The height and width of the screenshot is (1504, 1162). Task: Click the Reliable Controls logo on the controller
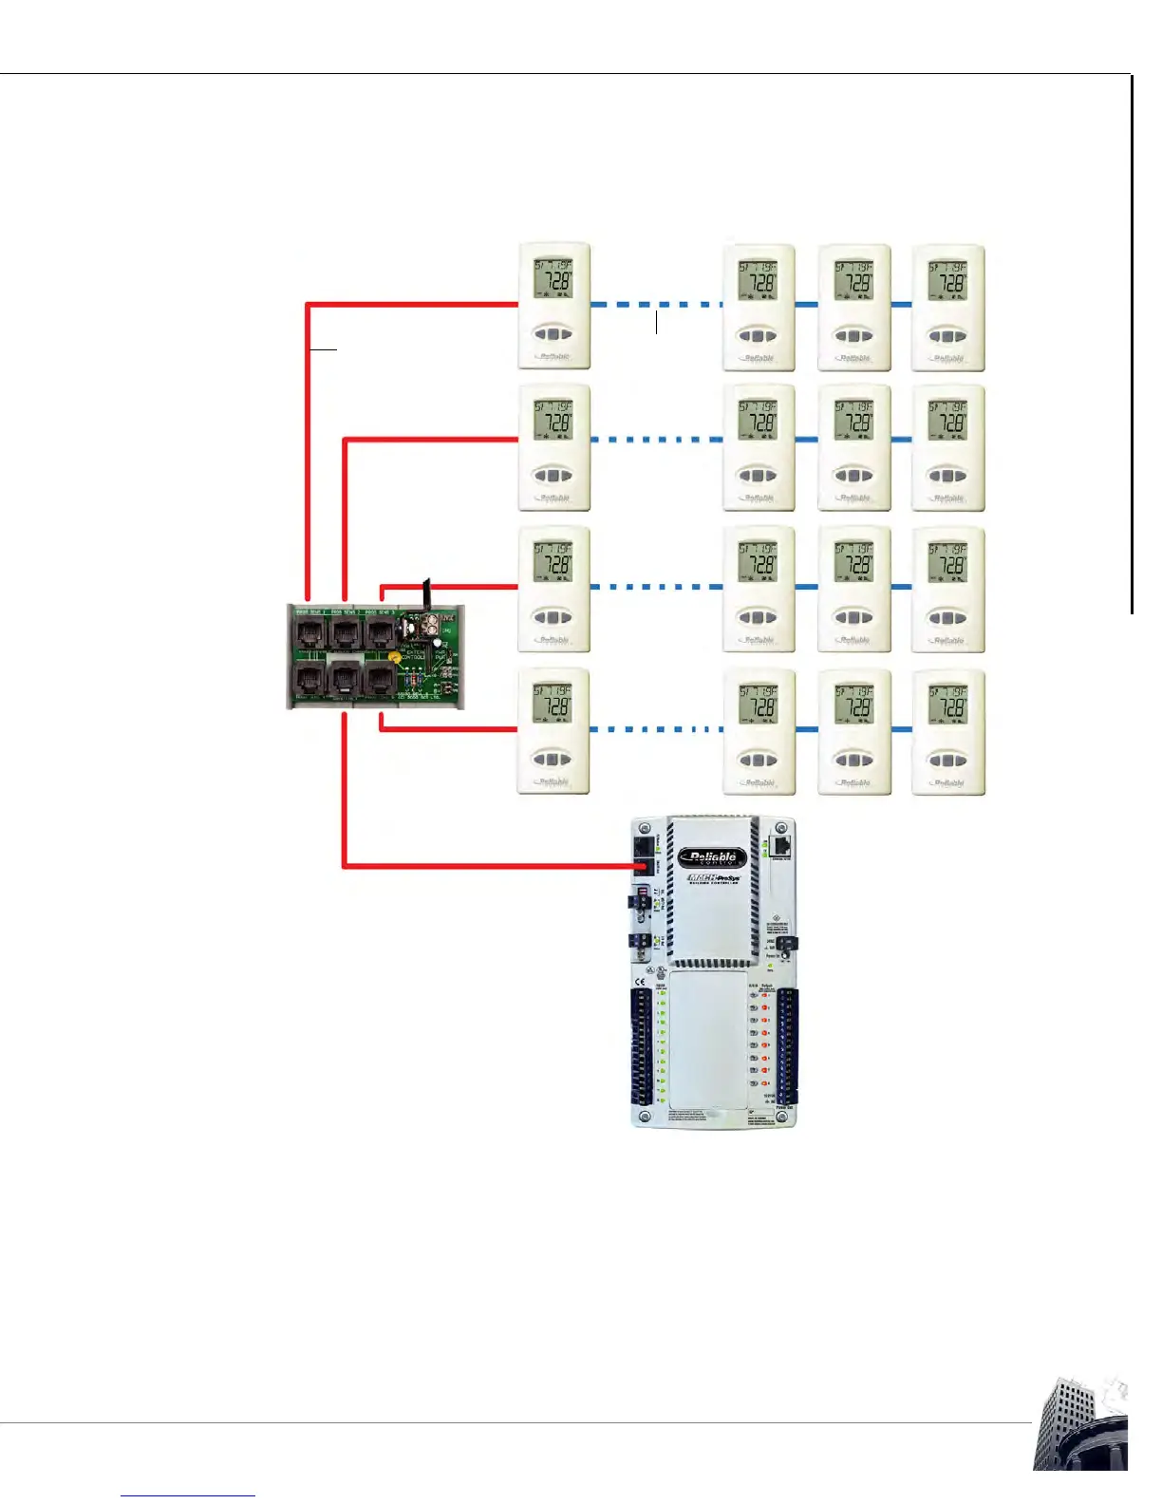[x=712, y=858]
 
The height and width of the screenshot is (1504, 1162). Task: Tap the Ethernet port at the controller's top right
[x=781, y=846]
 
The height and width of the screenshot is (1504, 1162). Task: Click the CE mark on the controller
[x=640, y=982]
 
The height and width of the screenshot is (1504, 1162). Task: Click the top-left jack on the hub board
[x=310, y=631]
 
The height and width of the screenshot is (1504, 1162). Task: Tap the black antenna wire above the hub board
[x=427, y=594]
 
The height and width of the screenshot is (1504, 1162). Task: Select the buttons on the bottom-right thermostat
[x=947, y=760]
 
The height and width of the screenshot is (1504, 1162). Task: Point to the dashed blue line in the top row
[x=656, y=305]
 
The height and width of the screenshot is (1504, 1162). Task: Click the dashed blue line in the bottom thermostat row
[x=656, y=729]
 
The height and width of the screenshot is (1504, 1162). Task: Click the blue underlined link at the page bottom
[x=188, y=1495]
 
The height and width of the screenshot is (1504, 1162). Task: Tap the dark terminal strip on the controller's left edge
[x=644, y=1044]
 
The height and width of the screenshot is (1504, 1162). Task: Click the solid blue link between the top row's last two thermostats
[x=901, y=305]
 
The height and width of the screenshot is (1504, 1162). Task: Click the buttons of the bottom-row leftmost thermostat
[x=553, y=760]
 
